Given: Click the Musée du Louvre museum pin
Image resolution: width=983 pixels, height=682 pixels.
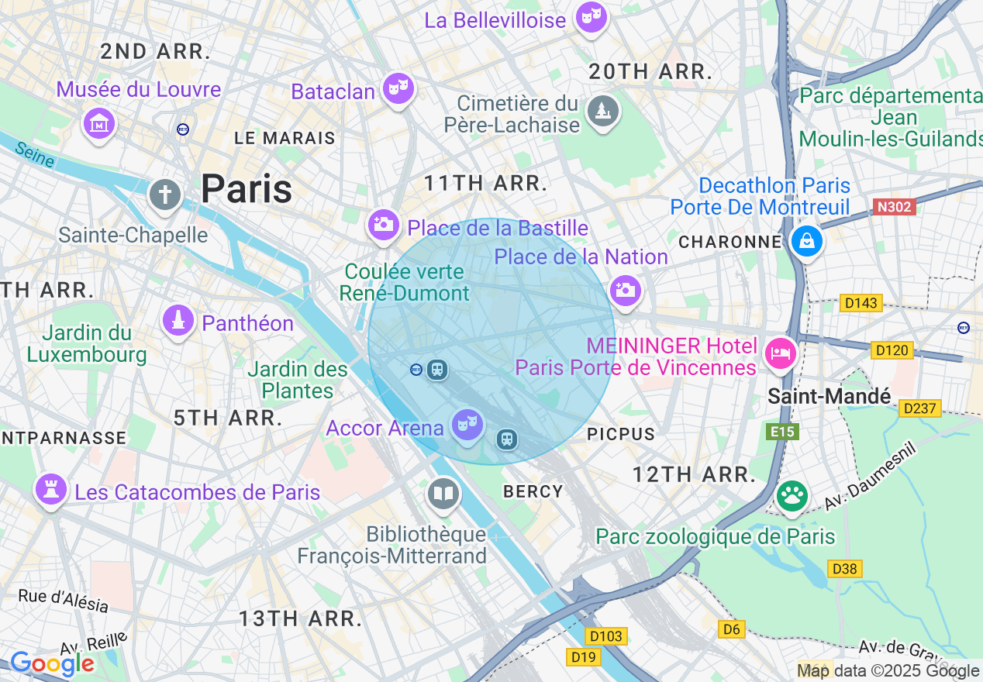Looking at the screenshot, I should (x=99, y=123).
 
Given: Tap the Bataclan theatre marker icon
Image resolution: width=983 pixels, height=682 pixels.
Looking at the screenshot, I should (x=398, y=89).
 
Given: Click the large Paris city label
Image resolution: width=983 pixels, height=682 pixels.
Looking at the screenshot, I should (x=246, y=189).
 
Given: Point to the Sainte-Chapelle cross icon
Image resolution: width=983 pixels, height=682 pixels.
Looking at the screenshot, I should (x=164, y=194).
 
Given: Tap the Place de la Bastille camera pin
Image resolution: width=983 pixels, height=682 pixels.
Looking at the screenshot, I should (x=382, y=226).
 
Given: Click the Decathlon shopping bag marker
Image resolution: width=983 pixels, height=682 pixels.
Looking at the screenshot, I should (x=806, y=241).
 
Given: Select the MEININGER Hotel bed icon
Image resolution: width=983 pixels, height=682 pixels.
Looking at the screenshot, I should (x=781, y=353).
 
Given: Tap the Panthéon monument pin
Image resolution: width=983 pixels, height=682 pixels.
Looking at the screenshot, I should (x=178, y=320).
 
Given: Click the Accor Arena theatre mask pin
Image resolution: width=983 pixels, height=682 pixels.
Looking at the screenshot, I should (x=467, y=424).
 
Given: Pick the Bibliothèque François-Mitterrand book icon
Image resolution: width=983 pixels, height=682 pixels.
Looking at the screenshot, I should (x=443, y=494).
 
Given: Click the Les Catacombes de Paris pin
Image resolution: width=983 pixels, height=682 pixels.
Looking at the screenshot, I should (x=50, y=490).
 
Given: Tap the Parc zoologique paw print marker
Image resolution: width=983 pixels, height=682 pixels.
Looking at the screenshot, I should (x=791, y=496).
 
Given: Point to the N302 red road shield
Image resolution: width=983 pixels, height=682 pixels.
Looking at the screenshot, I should (x=894, y=207).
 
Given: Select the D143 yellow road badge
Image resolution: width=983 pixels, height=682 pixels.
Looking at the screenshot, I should (x=861, y=303).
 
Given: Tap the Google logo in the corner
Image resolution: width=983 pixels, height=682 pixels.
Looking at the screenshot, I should (x=52, y=663).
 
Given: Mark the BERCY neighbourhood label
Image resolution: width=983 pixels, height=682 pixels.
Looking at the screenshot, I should (x=533, y=491).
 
